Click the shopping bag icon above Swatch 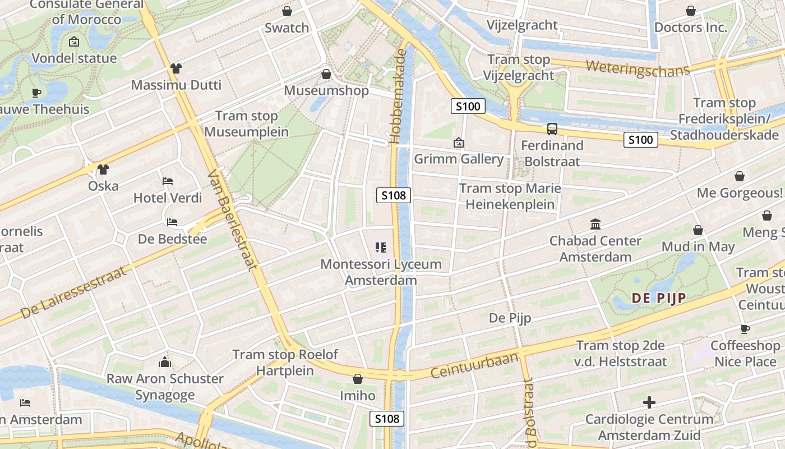pos(287,11)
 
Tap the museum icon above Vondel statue pos(73,42)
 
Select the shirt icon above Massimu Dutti pos(176,68)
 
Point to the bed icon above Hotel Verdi pos(168,181)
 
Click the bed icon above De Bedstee pos(172,222)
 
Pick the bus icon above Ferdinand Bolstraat pos(552,129)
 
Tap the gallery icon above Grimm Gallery pos(459,143)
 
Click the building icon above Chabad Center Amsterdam pos(595,224)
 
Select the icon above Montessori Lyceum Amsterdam pos(381,248)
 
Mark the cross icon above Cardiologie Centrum pos(649,402)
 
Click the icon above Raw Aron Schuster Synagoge pos(165,362)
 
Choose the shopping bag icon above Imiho pos(357,379)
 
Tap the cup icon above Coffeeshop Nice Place pos(745,329)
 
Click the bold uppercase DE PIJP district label pos(659,298)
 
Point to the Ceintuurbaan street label pos(475,365)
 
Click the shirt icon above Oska pos(103,169)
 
